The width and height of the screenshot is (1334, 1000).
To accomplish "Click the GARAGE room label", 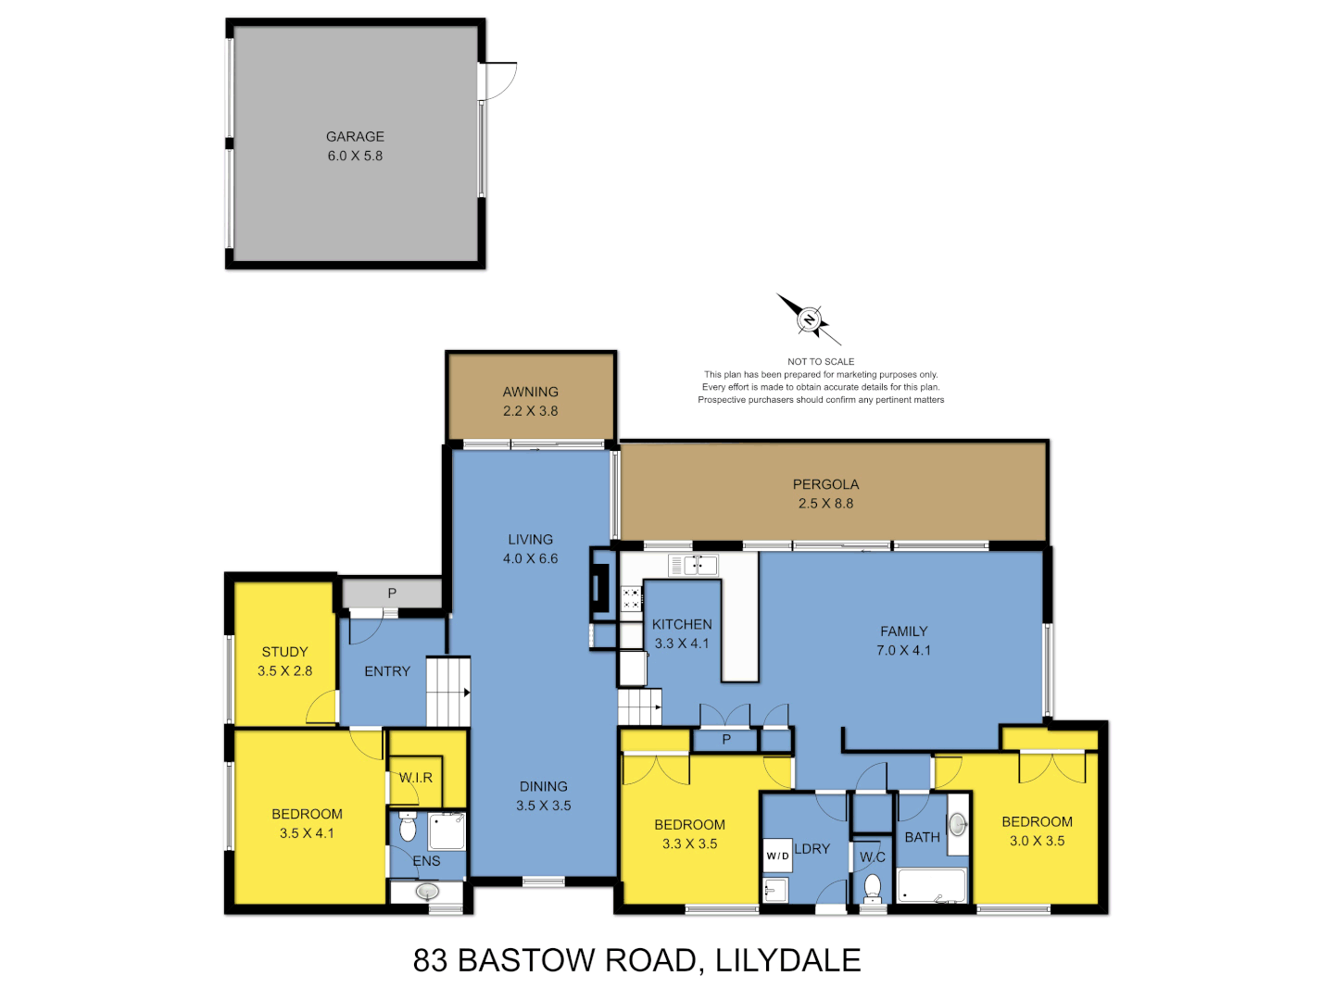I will click(355, 136).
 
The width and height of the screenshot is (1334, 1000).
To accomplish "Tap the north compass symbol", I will click(810, 319).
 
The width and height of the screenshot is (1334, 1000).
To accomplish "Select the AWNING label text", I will click(530, 392).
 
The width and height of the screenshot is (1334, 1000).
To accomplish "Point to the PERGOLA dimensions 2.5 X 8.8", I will click(825, 504).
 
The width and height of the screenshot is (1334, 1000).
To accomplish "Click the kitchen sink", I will click(694, 565).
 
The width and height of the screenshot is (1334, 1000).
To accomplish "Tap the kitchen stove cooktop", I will click(632, 598).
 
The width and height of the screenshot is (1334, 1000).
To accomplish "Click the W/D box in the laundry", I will click(777, 856).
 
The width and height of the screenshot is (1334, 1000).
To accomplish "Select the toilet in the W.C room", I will click(872, 887).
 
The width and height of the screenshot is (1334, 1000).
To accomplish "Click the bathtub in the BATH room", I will click(931, 886).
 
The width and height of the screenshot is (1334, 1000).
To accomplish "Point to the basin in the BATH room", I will click(958, 823).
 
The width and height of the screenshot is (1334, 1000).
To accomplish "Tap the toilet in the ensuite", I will click(408, 827).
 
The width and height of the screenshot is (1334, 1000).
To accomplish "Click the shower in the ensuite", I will click(447, 831).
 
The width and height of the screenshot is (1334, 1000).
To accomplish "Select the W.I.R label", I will click(416, 778).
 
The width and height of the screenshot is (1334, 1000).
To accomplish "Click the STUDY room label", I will click(284, 652).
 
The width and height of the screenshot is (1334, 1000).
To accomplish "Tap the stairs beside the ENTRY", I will click(448, 692).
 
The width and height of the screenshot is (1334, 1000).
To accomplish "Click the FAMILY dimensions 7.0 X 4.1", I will click(903, 651).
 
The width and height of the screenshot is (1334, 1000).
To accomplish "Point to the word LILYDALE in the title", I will click(788, 960).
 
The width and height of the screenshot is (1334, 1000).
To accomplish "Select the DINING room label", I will click(543, 786).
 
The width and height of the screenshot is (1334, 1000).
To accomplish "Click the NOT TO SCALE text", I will click(821, 362).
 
